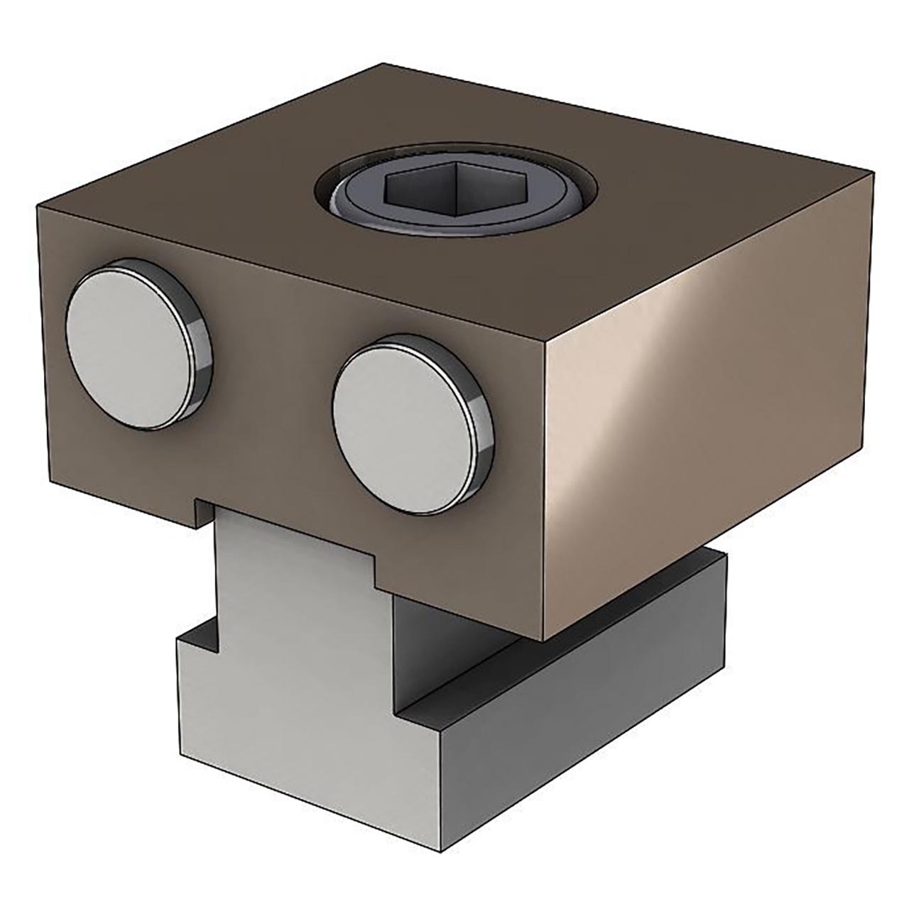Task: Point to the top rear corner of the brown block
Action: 384,64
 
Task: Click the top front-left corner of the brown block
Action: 37,206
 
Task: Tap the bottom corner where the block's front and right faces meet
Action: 543,639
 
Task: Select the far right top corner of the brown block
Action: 871,173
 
